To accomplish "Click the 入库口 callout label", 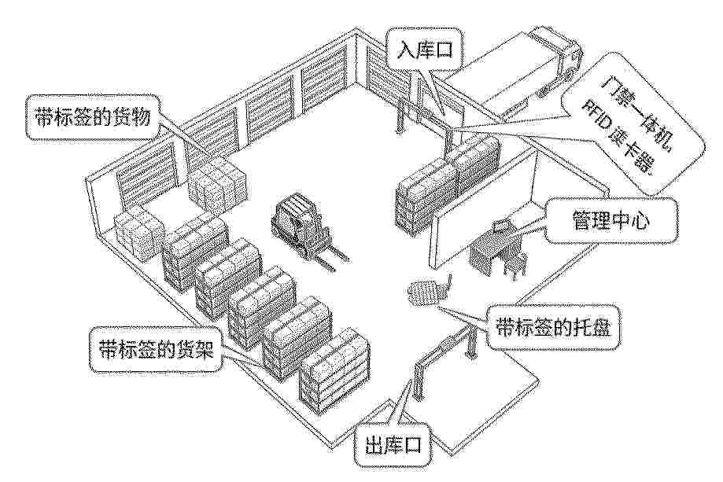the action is [424, 50].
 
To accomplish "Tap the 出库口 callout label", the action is [393, 446].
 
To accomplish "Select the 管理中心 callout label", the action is [610, 221].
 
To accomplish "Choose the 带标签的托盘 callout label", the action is [553, 329].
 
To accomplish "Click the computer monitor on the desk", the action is [500, 226].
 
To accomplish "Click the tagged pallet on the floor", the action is [423, 291].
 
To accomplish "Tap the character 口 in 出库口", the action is [414, 446].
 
